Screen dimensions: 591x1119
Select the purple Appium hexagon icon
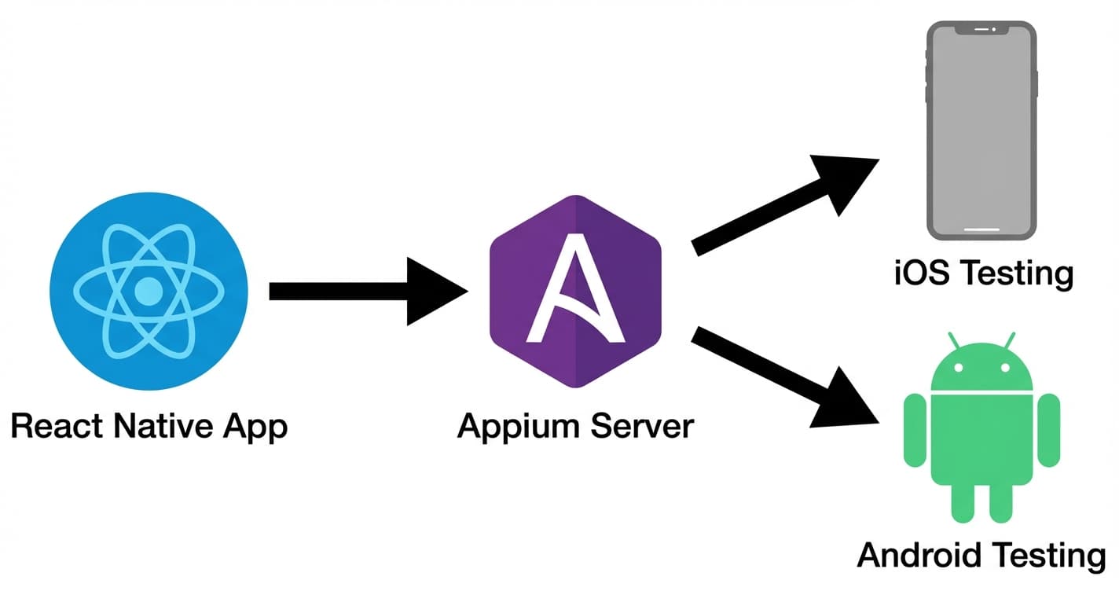pos(576,291)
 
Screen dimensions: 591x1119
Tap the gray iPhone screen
pos(980,130)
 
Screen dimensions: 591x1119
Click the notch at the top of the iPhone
pos(980,29)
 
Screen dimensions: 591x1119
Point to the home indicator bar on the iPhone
pos(980,230)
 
